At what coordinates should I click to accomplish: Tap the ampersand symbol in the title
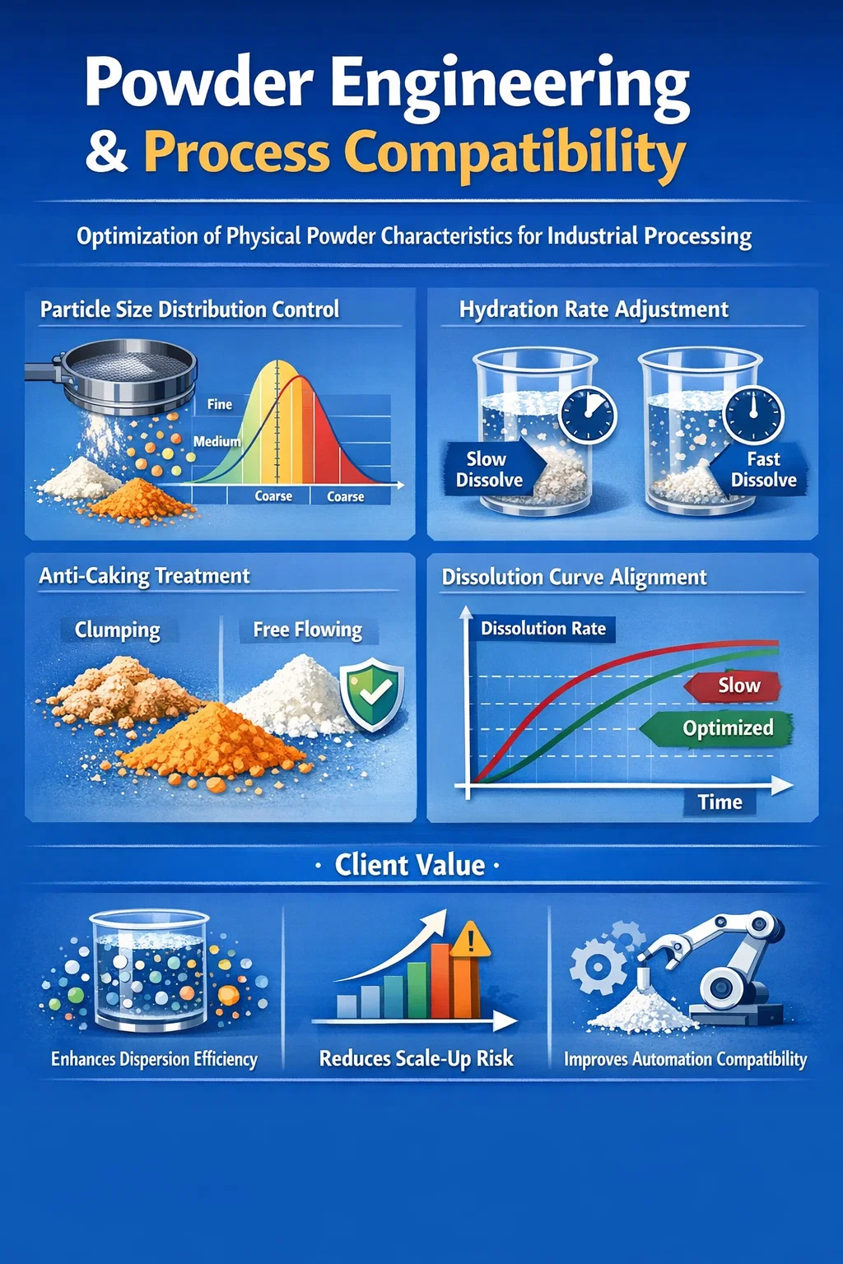click(106, 152)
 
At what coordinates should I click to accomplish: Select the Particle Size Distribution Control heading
click(189, 309)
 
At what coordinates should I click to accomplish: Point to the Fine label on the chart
click(220, 404)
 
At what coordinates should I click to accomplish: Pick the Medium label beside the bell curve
click(217, 441)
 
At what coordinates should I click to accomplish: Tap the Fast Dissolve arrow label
click(759, 469)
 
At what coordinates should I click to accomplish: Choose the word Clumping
click(118, 630)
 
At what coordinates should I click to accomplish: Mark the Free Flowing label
click(308, 630)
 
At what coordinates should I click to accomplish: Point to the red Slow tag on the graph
click(733, 685)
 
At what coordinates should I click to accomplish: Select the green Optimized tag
click(717, 728)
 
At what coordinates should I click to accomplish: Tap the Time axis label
click(720, 802)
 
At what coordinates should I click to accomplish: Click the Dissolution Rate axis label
click(543, 629)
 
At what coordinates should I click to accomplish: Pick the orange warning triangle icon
click(471, 939)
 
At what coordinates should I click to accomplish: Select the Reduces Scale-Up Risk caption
click(416, 1058)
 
